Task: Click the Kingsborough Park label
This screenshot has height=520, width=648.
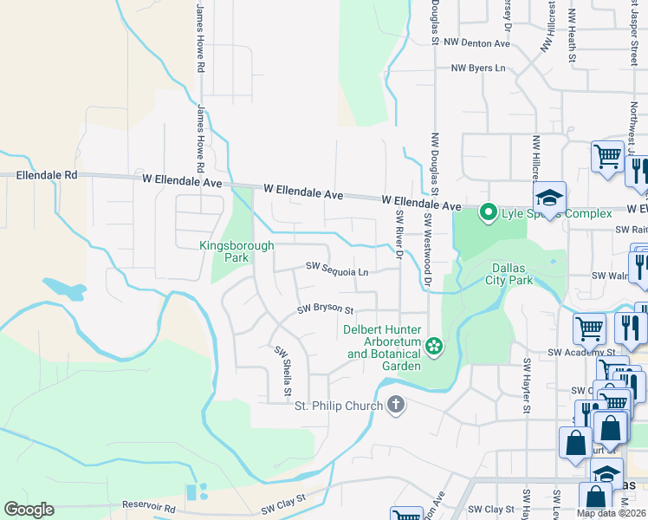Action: click(x=237, y=251)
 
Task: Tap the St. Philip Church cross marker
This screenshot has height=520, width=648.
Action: click(x=396, y=405)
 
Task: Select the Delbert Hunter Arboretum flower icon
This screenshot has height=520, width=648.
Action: click(x=434, y=348)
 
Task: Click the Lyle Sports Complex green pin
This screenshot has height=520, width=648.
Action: click(x=488, y=211)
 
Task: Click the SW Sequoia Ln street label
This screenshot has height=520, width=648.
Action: click(x=337, y=271)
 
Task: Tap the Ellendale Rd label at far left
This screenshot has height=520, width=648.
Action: click(x=47, y=175)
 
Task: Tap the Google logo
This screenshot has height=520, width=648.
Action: click(x=29, y=510)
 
